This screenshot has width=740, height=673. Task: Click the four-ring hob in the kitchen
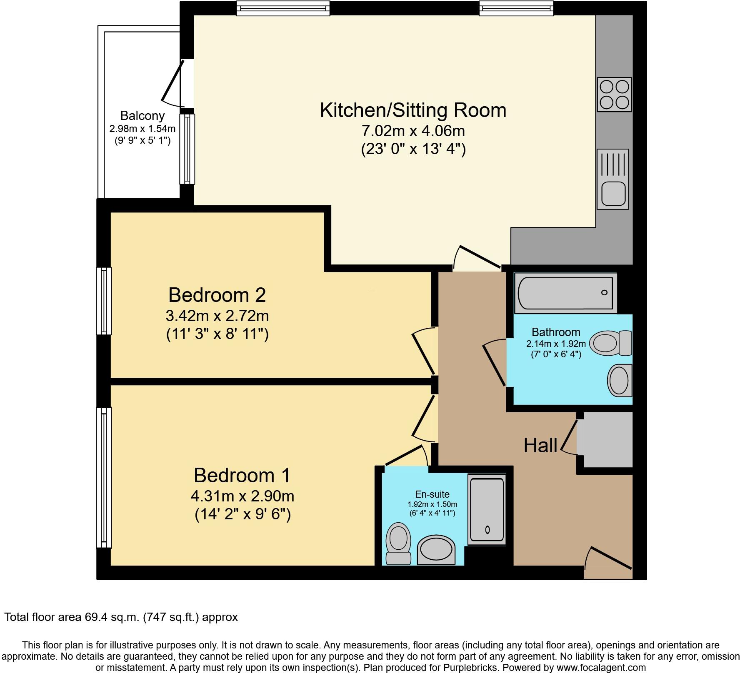coord(614,94)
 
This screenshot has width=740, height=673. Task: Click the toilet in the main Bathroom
coord(612,343)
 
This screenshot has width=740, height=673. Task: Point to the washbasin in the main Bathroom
coord(620,380)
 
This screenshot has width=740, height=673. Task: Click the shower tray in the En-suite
coord(487,509)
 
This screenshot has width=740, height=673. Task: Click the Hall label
coord(540,446)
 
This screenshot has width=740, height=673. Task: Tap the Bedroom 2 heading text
coord(217,295)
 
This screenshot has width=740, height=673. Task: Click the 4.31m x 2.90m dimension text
coord(242,496)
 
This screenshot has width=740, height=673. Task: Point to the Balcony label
coord(142,115)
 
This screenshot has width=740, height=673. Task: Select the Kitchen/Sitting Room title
coord(412,110)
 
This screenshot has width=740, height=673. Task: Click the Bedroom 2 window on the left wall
coord(104,301)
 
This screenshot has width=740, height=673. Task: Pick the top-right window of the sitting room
coord(516,8)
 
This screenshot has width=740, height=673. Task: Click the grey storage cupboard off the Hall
coord(607,439)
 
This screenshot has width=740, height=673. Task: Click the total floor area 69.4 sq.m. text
coord(121,617)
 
